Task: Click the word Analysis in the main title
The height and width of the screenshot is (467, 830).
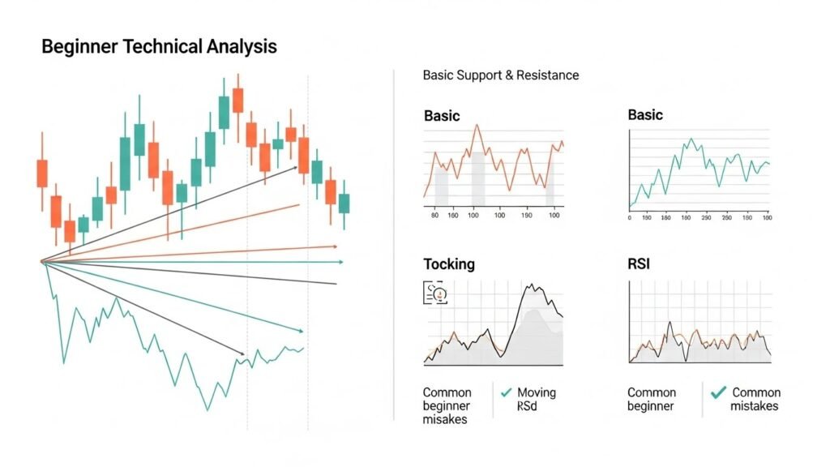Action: pyautogui.click(x=234, y=46)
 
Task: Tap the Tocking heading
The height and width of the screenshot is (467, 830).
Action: pyautogui.click(x=449, y=264)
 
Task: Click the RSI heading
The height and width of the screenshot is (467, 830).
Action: pyautogui.click(x=640, y=264)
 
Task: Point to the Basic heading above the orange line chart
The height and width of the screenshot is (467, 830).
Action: pyautogui.click(x=442, y=116)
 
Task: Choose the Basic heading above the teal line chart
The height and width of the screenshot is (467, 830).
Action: pyautogui.click(x=645, y=115)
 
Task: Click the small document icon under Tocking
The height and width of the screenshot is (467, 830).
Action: pyautogui.click(x=434, y=293)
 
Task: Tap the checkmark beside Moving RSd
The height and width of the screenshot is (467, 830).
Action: pyautogui.click(x=507, y=392)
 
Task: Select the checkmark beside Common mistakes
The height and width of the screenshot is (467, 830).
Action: pyautogui.click(x=717, y=392)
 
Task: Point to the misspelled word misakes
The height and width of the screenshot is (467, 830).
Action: pyautogui.click(x=445, y=419)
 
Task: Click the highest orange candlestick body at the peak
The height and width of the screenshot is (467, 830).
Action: pyautogui.click(x=237, y=100)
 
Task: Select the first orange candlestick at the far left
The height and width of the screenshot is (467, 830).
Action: pyautogui.click(x=42, y=173)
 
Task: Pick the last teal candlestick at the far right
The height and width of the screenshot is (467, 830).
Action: pyautogui.click(x=344, y=203)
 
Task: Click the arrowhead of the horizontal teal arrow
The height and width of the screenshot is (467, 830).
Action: pyautogui.click(x=340, y=262)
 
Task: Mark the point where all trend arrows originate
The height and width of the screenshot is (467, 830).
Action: pyautogui.click(x=41, y=261)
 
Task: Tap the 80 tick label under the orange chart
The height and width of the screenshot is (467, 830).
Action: pyautogui.click(x=435, y=216)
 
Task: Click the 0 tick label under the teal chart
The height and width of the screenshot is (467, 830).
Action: pyautogui.click(x=630, y=217)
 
